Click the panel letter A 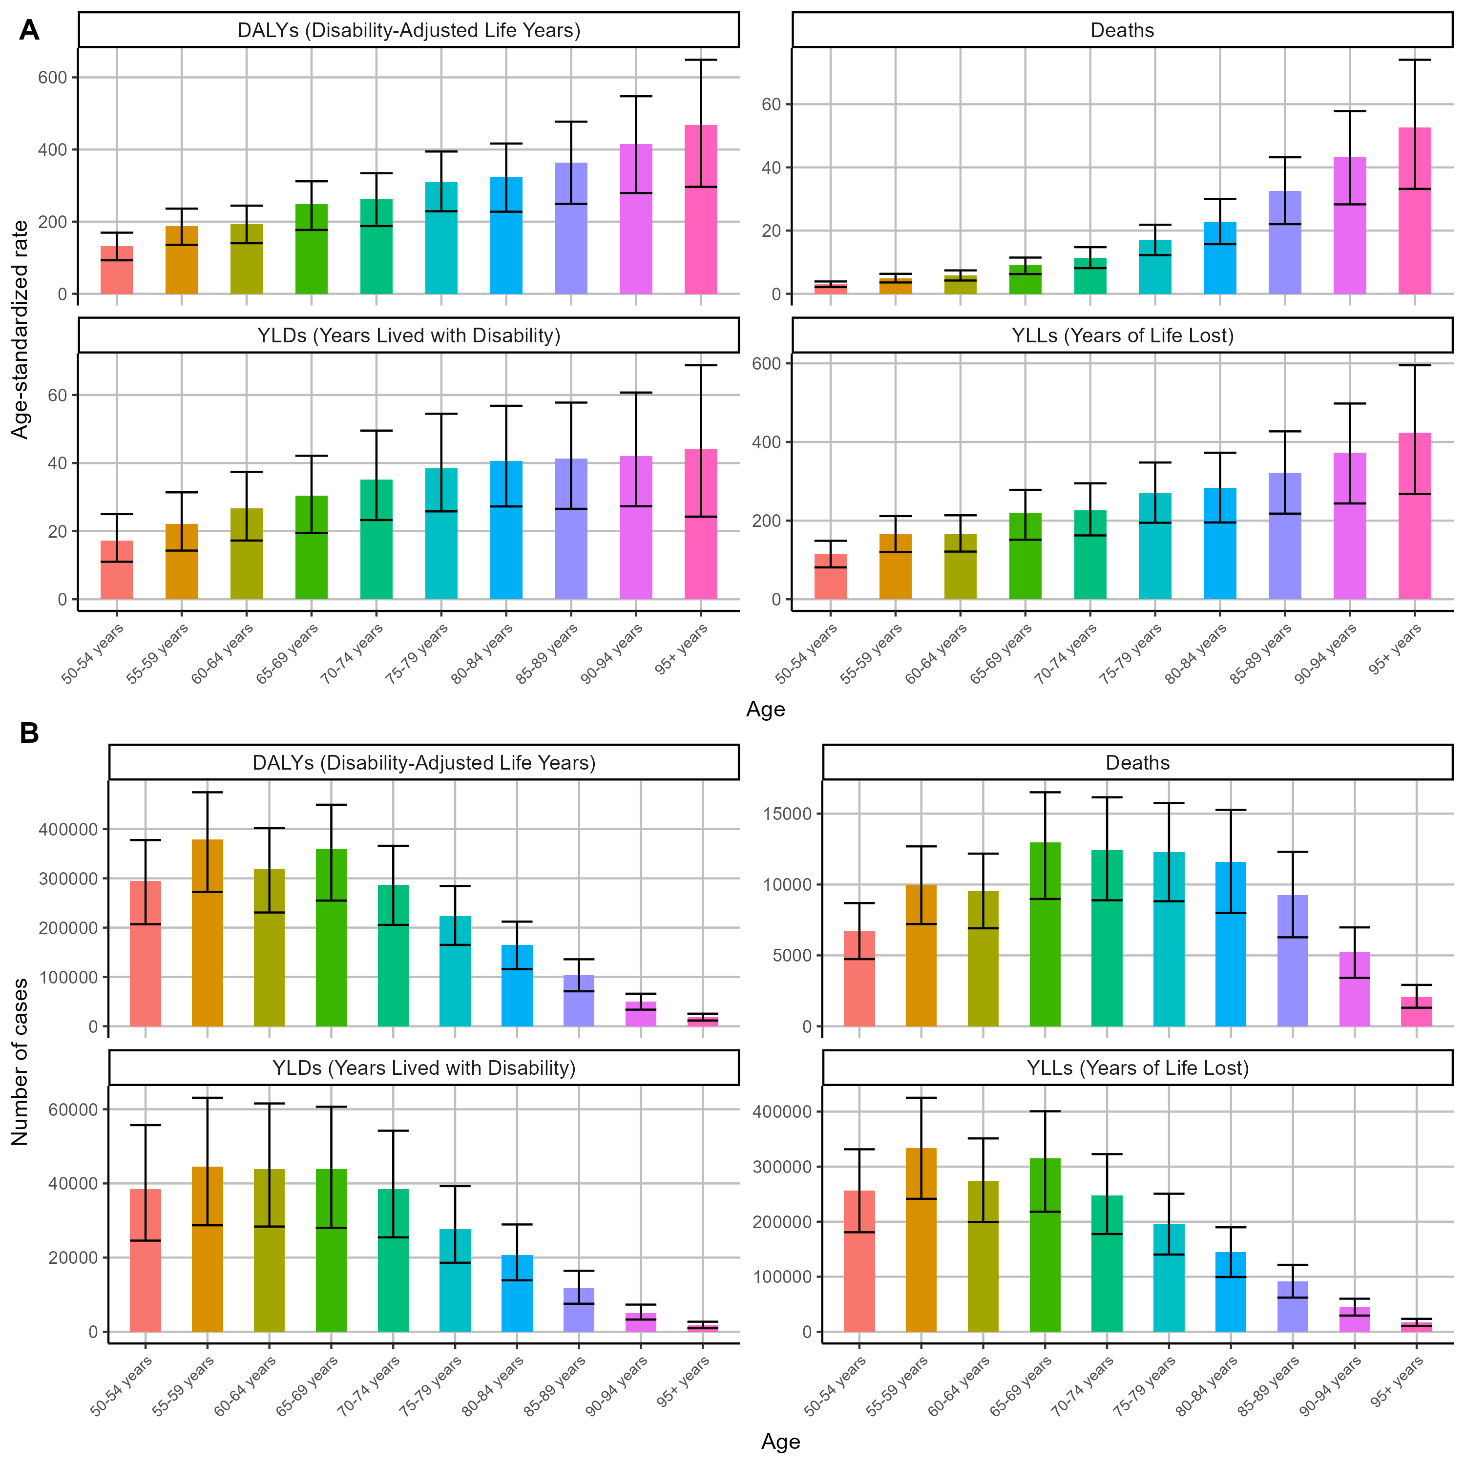[29, 30]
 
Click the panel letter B [29, 733]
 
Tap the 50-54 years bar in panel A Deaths [830, 289]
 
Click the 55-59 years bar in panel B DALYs [207, 933]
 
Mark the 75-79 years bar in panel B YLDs [455, 1281]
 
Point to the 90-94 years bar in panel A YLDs [635, 528]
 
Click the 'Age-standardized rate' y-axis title [21, 329]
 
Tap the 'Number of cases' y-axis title [21, 1062]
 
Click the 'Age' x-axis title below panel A [765, 709]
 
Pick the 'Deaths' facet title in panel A [1122, 30]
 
